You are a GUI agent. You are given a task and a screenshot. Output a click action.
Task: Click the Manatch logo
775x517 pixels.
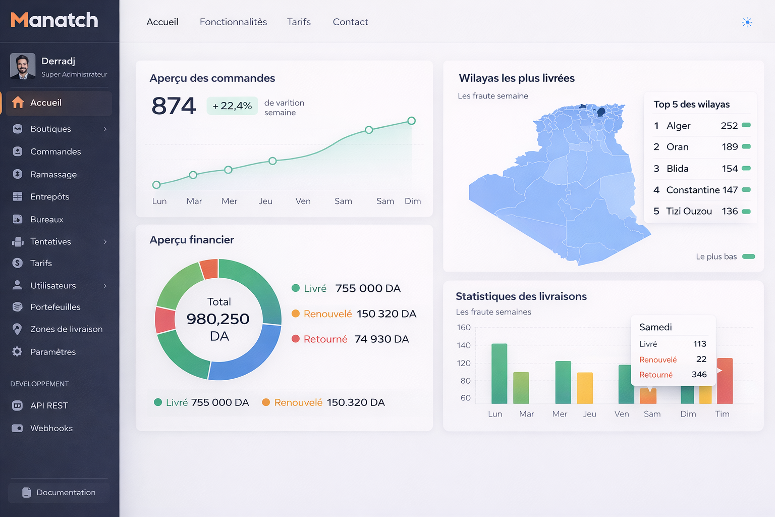pos(54,20)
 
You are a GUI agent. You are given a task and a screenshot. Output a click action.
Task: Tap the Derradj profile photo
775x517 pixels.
pos(23,66)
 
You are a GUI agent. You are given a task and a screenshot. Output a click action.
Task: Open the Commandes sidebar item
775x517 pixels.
pos(56,151)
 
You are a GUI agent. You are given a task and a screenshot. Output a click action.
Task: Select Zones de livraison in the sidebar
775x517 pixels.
pos(66,329)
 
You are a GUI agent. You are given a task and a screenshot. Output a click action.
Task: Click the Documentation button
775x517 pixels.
pos(59,493)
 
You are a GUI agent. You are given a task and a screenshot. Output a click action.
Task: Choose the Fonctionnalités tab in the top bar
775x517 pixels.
pos(233,22)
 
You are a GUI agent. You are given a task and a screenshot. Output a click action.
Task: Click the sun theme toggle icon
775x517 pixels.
pos(747,22)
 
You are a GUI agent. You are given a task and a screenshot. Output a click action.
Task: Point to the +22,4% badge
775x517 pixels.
pos(232,106)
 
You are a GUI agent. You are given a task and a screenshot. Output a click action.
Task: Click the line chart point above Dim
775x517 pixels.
pos(412,121)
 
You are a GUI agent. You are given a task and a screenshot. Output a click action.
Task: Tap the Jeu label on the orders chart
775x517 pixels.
pos(265,201)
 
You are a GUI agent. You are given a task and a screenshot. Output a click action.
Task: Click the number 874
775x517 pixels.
pos(174,106)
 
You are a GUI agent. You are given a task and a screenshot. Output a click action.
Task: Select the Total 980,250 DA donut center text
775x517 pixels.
pos(218,319)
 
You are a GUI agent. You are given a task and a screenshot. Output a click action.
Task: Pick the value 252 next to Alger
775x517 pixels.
pos(729,126)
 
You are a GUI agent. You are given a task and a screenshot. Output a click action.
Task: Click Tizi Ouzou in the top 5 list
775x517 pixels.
pos(689,212)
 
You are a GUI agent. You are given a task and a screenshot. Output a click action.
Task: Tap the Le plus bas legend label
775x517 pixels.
pos(716,257)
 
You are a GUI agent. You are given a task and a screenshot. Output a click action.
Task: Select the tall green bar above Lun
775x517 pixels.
pos(499,374)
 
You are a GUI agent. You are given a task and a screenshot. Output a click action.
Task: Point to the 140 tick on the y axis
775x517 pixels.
pos(464,345)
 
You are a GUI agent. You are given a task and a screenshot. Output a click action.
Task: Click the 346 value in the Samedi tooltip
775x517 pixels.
pos(699,375)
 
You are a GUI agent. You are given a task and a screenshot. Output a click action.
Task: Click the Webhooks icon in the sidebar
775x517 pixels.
pos(17,428)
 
